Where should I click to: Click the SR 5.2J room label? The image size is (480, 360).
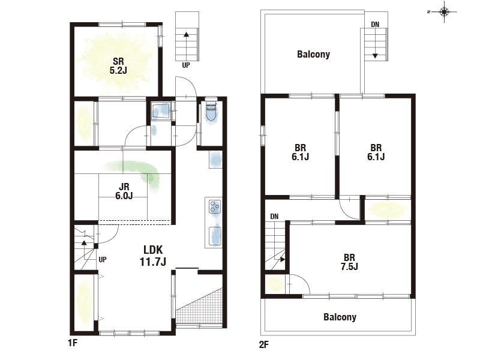pos(118,66)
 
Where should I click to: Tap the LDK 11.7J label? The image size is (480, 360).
pos(153,256)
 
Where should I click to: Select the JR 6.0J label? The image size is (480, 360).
pos(124,191)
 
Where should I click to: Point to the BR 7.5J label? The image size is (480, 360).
pos(349,262)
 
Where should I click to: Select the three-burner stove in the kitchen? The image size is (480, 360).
pos(215,206)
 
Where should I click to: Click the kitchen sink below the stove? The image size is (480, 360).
pos(215,236)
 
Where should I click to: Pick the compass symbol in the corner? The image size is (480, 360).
pos(444,12)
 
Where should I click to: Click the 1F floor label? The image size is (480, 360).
pos(73,343)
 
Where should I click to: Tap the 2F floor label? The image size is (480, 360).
pos(264,344)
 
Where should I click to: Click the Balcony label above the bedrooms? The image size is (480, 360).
pos(313,55)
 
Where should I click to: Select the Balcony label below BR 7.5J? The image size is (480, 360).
pos(340,317)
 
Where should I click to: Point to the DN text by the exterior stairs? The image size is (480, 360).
pos(375,24)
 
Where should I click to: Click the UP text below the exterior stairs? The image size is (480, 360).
pos(186,65)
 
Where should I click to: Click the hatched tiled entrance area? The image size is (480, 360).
pos(199,306)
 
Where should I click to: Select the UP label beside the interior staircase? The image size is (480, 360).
pos(103,260)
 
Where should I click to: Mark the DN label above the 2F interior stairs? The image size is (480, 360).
pos(274,217)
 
